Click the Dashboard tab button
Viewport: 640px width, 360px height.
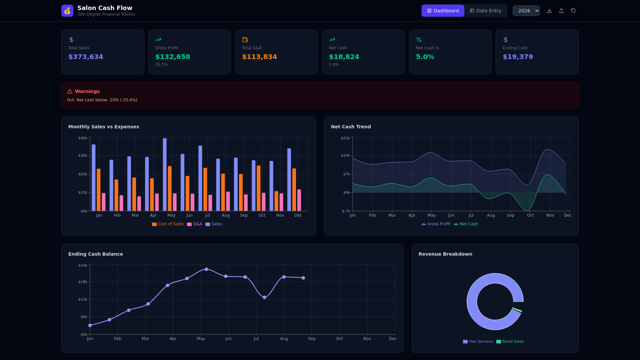tap(443, 11)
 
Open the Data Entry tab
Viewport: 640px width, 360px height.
tap(485, 11)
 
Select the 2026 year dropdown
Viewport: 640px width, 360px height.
tap(526, 11)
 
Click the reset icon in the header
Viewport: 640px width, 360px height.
tap(573, 11)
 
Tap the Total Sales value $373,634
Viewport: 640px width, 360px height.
tap(86, 57)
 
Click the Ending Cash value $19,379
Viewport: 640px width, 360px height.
tap(518, 57)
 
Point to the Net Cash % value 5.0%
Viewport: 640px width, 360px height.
tap(425, 57)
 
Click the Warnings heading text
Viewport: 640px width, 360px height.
tap(87, 91)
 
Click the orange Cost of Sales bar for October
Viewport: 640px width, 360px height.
tap(259, 188)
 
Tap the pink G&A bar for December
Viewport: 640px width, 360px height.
tap(299, 200)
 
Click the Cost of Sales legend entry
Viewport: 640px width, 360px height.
tap(168, 224)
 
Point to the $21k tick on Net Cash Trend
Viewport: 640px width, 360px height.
tap(345, 138)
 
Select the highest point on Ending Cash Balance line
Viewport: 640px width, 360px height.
tap(206, 269)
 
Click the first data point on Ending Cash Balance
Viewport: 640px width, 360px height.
tap(90, 325)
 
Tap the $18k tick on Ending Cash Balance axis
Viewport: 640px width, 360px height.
tap(83, 282)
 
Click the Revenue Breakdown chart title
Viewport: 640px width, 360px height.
tap(445, 254)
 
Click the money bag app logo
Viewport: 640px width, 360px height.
tap(67, 11)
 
